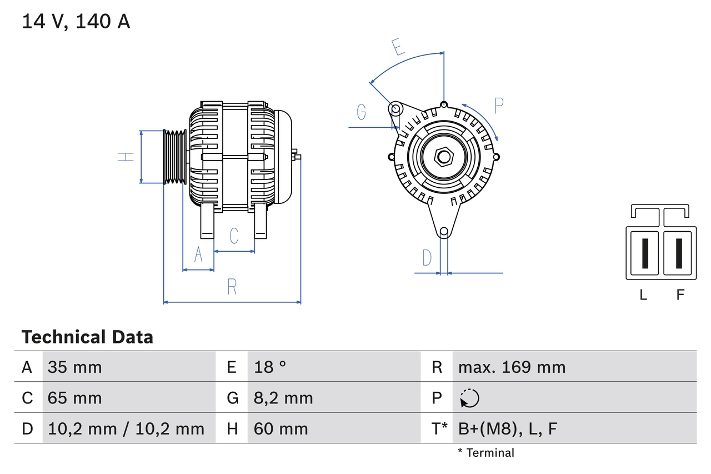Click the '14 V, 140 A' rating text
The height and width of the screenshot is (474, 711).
76,22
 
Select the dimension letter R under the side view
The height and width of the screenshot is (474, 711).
232,287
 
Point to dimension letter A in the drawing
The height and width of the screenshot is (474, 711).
198,255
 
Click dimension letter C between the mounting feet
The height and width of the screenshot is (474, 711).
234,236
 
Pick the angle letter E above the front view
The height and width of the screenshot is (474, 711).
397,48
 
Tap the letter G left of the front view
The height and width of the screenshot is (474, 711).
362,112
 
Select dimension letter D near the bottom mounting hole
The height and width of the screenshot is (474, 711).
427,258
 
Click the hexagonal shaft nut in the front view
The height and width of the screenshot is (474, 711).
443,157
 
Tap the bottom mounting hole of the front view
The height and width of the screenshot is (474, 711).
444,232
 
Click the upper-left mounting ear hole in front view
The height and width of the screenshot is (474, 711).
395,108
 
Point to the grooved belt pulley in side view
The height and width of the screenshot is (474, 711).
174,157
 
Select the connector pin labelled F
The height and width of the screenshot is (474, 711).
679,253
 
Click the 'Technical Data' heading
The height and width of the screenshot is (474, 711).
87,337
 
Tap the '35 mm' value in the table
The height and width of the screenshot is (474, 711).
74,367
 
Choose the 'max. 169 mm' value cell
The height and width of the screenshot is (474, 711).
512,367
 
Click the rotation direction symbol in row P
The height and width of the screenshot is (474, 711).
469,398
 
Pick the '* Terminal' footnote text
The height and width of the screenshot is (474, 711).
486,453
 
